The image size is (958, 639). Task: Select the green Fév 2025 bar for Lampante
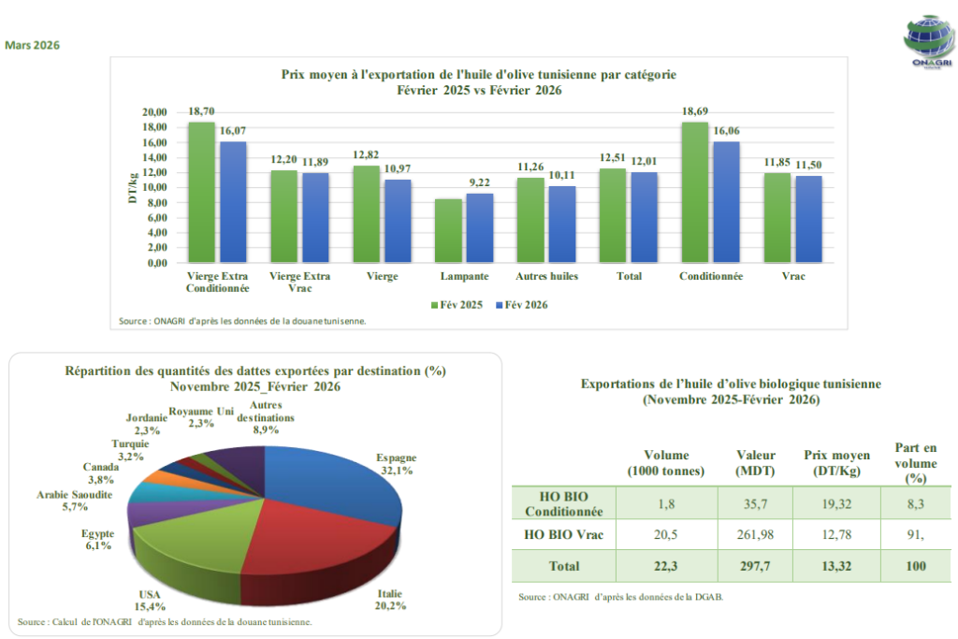click(x=449, y=231)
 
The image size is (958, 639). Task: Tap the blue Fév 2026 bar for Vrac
click(x=809, y=219)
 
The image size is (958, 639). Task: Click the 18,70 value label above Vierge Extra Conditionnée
click(x=201, y=110)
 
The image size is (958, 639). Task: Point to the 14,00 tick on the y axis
click(x=154, y=157)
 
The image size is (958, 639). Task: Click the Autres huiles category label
click(x=547, y=277)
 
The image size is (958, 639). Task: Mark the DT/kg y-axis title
click(x=134, y=186)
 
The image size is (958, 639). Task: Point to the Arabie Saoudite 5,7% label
click(x=75, y=501)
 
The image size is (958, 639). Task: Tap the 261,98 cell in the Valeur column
click(x=755, y=534)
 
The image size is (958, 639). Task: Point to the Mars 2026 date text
click(x=33, y=45)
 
